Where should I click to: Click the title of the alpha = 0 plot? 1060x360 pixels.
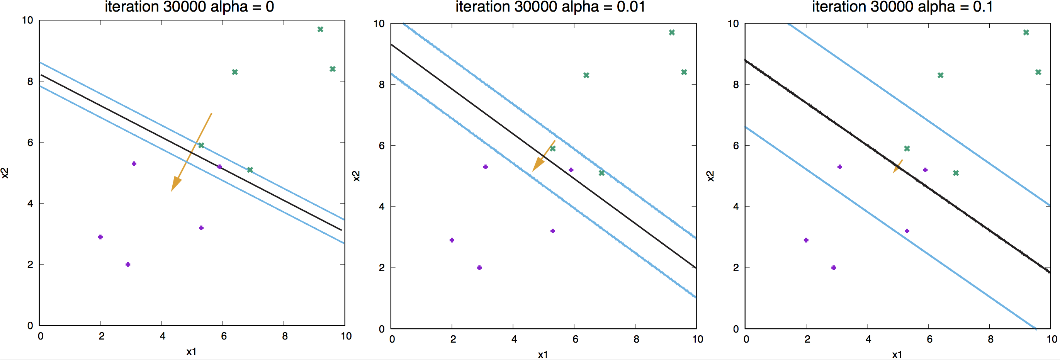(189, 7)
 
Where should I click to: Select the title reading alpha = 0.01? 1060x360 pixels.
(550, 7)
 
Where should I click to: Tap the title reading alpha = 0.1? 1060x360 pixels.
(902, 7)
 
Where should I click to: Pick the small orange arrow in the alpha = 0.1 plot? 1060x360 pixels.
(897, 166)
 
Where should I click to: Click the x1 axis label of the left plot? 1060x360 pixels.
(191, 352)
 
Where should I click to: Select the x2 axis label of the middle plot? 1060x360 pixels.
(356, 176)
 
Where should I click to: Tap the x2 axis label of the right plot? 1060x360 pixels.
(710, 176)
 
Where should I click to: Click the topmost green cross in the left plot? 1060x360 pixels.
(320, 29)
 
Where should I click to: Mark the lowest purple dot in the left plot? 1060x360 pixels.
(127, 265)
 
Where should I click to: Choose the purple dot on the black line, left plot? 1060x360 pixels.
(219, 166)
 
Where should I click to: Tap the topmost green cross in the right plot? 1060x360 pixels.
(1026, 32)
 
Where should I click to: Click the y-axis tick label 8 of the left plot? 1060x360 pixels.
(30, 82)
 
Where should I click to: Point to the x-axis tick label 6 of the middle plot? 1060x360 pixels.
(575, 340)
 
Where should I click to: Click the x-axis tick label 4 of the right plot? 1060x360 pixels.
(868, 340)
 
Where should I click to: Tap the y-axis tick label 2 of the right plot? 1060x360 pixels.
(736, 268)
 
